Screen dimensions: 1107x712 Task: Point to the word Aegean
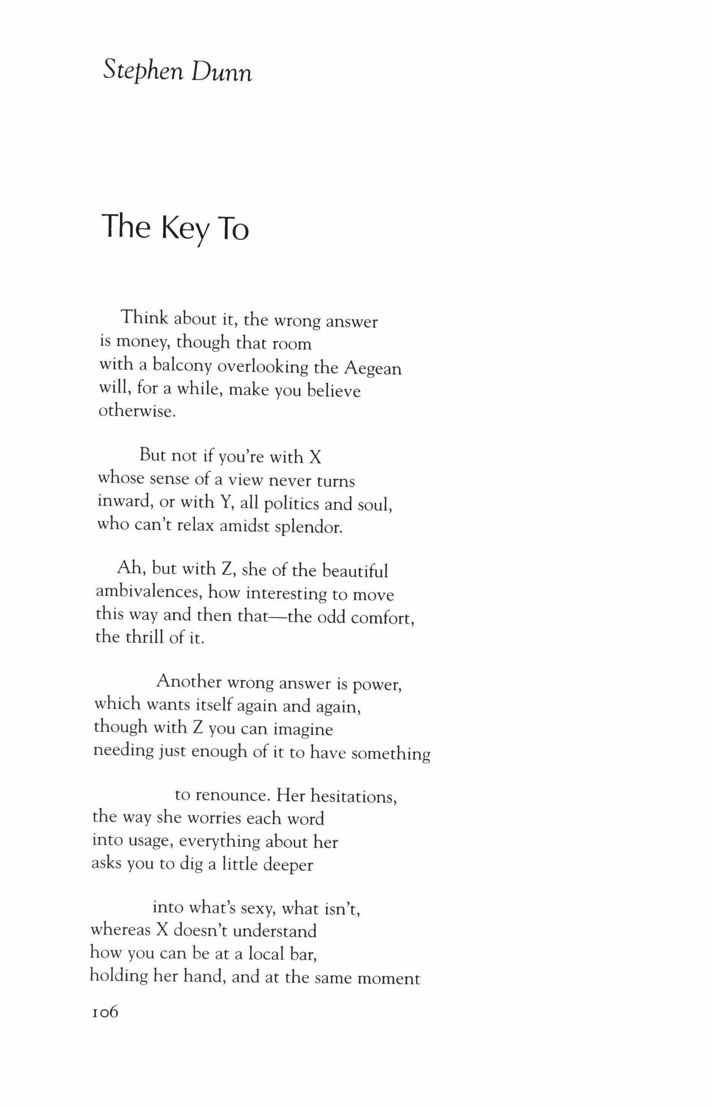[373, 369]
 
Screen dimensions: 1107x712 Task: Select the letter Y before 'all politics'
[225, 502]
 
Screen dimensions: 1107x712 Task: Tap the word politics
[291, 503]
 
